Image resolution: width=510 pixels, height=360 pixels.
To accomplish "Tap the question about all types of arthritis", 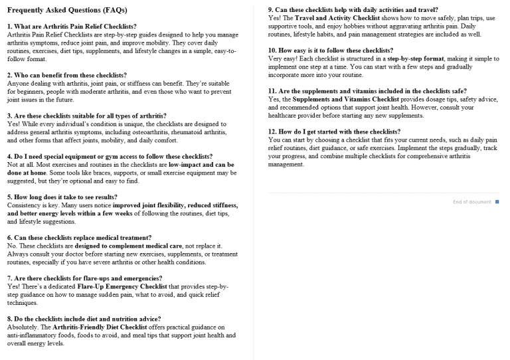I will point(87,116).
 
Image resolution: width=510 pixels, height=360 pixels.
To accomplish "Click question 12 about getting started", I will point(334,132).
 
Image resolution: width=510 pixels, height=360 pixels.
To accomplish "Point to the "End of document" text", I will point(471,202).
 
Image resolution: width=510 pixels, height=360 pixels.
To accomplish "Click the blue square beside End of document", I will point(497,202).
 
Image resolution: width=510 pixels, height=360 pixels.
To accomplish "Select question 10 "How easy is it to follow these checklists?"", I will point(331,50).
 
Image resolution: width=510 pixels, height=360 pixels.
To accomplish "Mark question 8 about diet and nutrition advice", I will point(84,319).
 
